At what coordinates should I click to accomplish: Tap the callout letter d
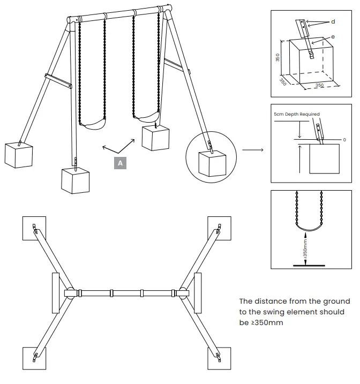click(x=333, y=21)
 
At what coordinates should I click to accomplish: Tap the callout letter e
click(x=333, y=36)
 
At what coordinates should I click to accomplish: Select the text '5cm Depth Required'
click(x=297, y=114)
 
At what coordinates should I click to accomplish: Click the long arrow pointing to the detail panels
click(x=252, y=150)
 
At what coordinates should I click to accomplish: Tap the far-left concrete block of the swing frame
click(x=18, y=154)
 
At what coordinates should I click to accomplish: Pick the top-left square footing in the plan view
click(x=34, y=227)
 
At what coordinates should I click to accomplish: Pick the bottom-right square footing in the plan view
click(x=219, y=359)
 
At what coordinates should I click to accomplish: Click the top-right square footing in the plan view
click(x=220, y=228)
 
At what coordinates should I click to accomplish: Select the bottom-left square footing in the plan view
click(x=34, y=359)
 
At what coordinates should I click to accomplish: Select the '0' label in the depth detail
click(x=344, y=139)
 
